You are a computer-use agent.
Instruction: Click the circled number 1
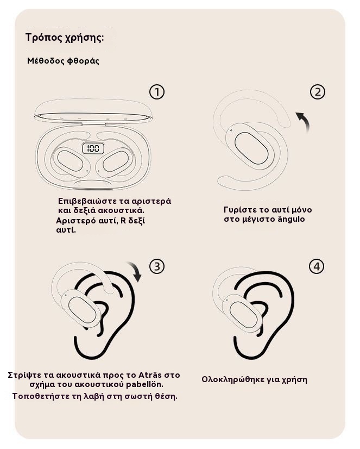coord(157,92)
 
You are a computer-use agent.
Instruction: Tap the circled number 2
coord(318,92)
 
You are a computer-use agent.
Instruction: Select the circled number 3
coord(157,266)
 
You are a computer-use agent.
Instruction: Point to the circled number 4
coord(317,266)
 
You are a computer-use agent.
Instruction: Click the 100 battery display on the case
coord(93,148)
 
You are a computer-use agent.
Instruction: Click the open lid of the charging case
coord(93,111)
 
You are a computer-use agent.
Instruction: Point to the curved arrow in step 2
coord(304,120)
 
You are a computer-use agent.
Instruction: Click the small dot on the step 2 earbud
coord(231,130)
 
